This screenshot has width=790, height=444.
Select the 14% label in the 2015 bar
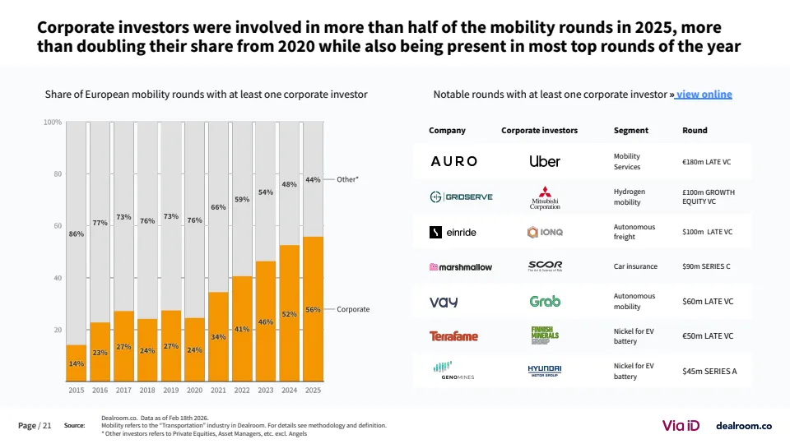77,363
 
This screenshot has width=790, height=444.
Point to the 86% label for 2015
77,234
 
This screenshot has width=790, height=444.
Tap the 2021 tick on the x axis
218,391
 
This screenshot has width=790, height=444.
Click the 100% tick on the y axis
53,123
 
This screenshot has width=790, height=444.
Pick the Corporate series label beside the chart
353,309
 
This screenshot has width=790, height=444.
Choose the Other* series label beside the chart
348,178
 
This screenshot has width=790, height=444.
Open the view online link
704,95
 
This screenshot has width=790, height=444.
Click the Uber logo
545,161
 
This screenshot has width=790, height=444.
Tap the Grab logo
545,301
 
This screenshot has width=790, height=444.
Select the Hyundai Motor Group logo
545,371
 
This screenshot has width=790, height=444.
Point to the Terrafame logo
453,335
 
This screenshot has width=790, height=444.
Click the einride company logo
453,232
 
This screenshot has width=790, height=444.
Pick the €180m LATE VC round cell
707,162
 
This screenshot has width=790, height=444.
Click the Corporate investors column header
539,130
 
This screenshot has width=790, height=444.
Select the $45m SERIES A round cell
709,371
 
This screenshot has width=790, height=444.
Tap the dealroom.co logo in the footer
744,426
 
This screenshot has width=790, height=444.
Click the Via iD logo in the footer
681,425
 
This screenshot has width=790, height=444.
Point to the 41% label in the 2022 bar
242,329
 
